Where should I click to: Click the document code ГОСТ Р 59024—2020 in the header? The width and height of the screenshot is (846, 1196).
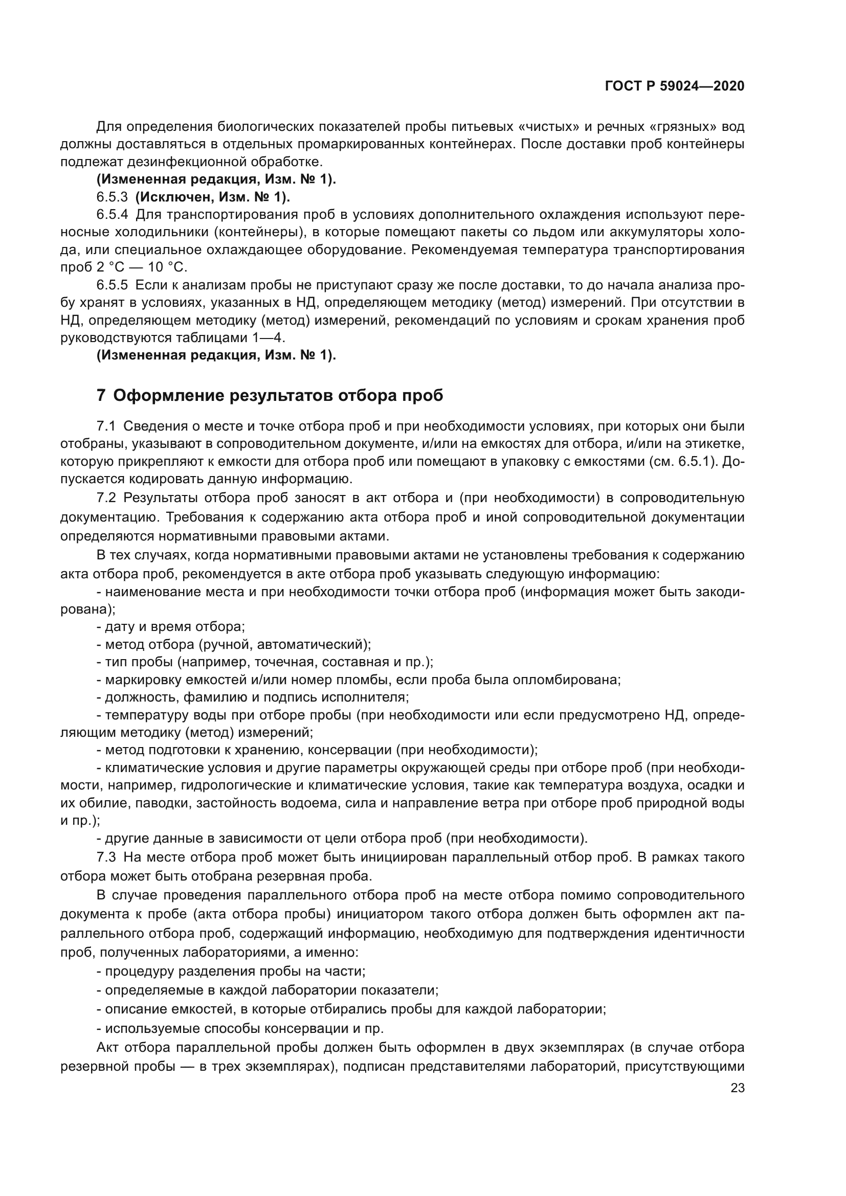(675, 86)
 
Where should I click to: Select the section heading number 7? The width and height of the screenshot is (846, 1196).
(101, 396)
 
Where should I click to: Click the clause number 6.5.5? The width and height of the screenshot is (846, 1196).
(112, 285)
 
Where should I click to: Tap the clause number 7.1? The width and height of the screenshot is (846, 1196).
(106, 426)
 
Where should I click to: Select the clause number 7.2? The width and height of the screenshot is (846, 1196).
(106, 498)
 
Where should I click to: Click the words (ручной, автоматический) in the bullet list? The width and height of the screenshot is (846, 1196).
(284, 644)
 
